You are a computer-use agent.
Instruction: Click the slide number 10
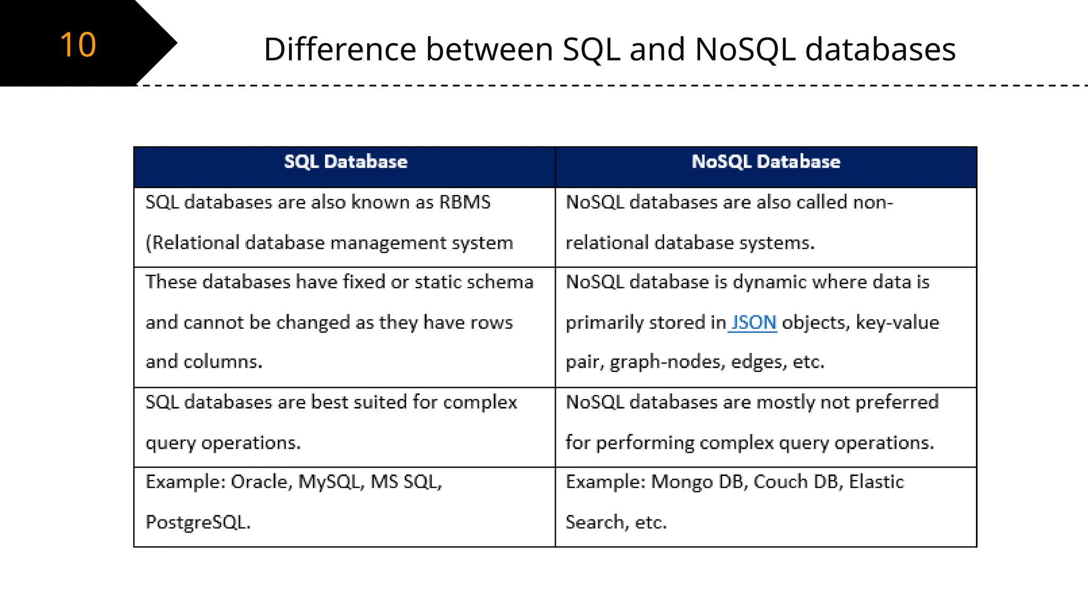78,45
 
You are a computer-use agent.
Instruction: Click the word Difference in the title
340,49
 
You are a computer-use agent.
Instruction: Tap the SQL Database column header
345,161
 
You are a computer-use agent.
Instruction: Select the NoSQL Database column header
766,161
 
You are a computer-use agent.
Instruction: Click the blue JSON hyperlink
753,322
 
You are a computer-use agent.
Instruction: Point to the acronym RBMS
465,202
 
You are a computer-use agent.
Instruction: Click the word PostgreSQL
197,522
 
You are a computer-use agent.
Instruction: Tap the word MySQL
330,482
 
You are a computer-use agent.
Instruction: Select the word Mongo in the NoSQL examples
682,482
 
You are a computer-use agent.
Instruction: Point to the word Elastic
876,482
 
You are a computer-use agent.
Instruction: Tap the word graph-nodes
667,362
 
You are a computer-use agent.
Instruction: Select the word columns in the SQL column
223,362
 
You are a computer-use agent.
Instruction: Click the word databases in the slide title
880,49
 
